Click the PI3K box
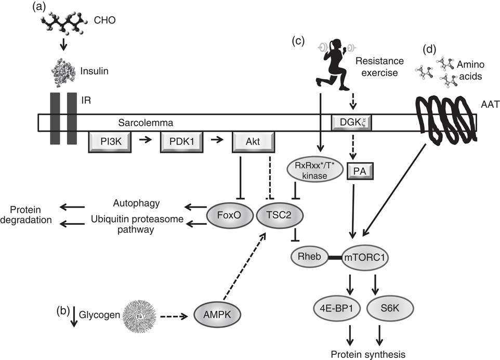pyautogui.click(x=110, y=140)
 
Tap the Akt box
pyautogui.click(x=253, y=140)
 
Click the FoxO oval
pyautogui.click(x=226, y=214)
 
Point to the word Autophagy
pyautogui.click(x=137, y=203)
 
